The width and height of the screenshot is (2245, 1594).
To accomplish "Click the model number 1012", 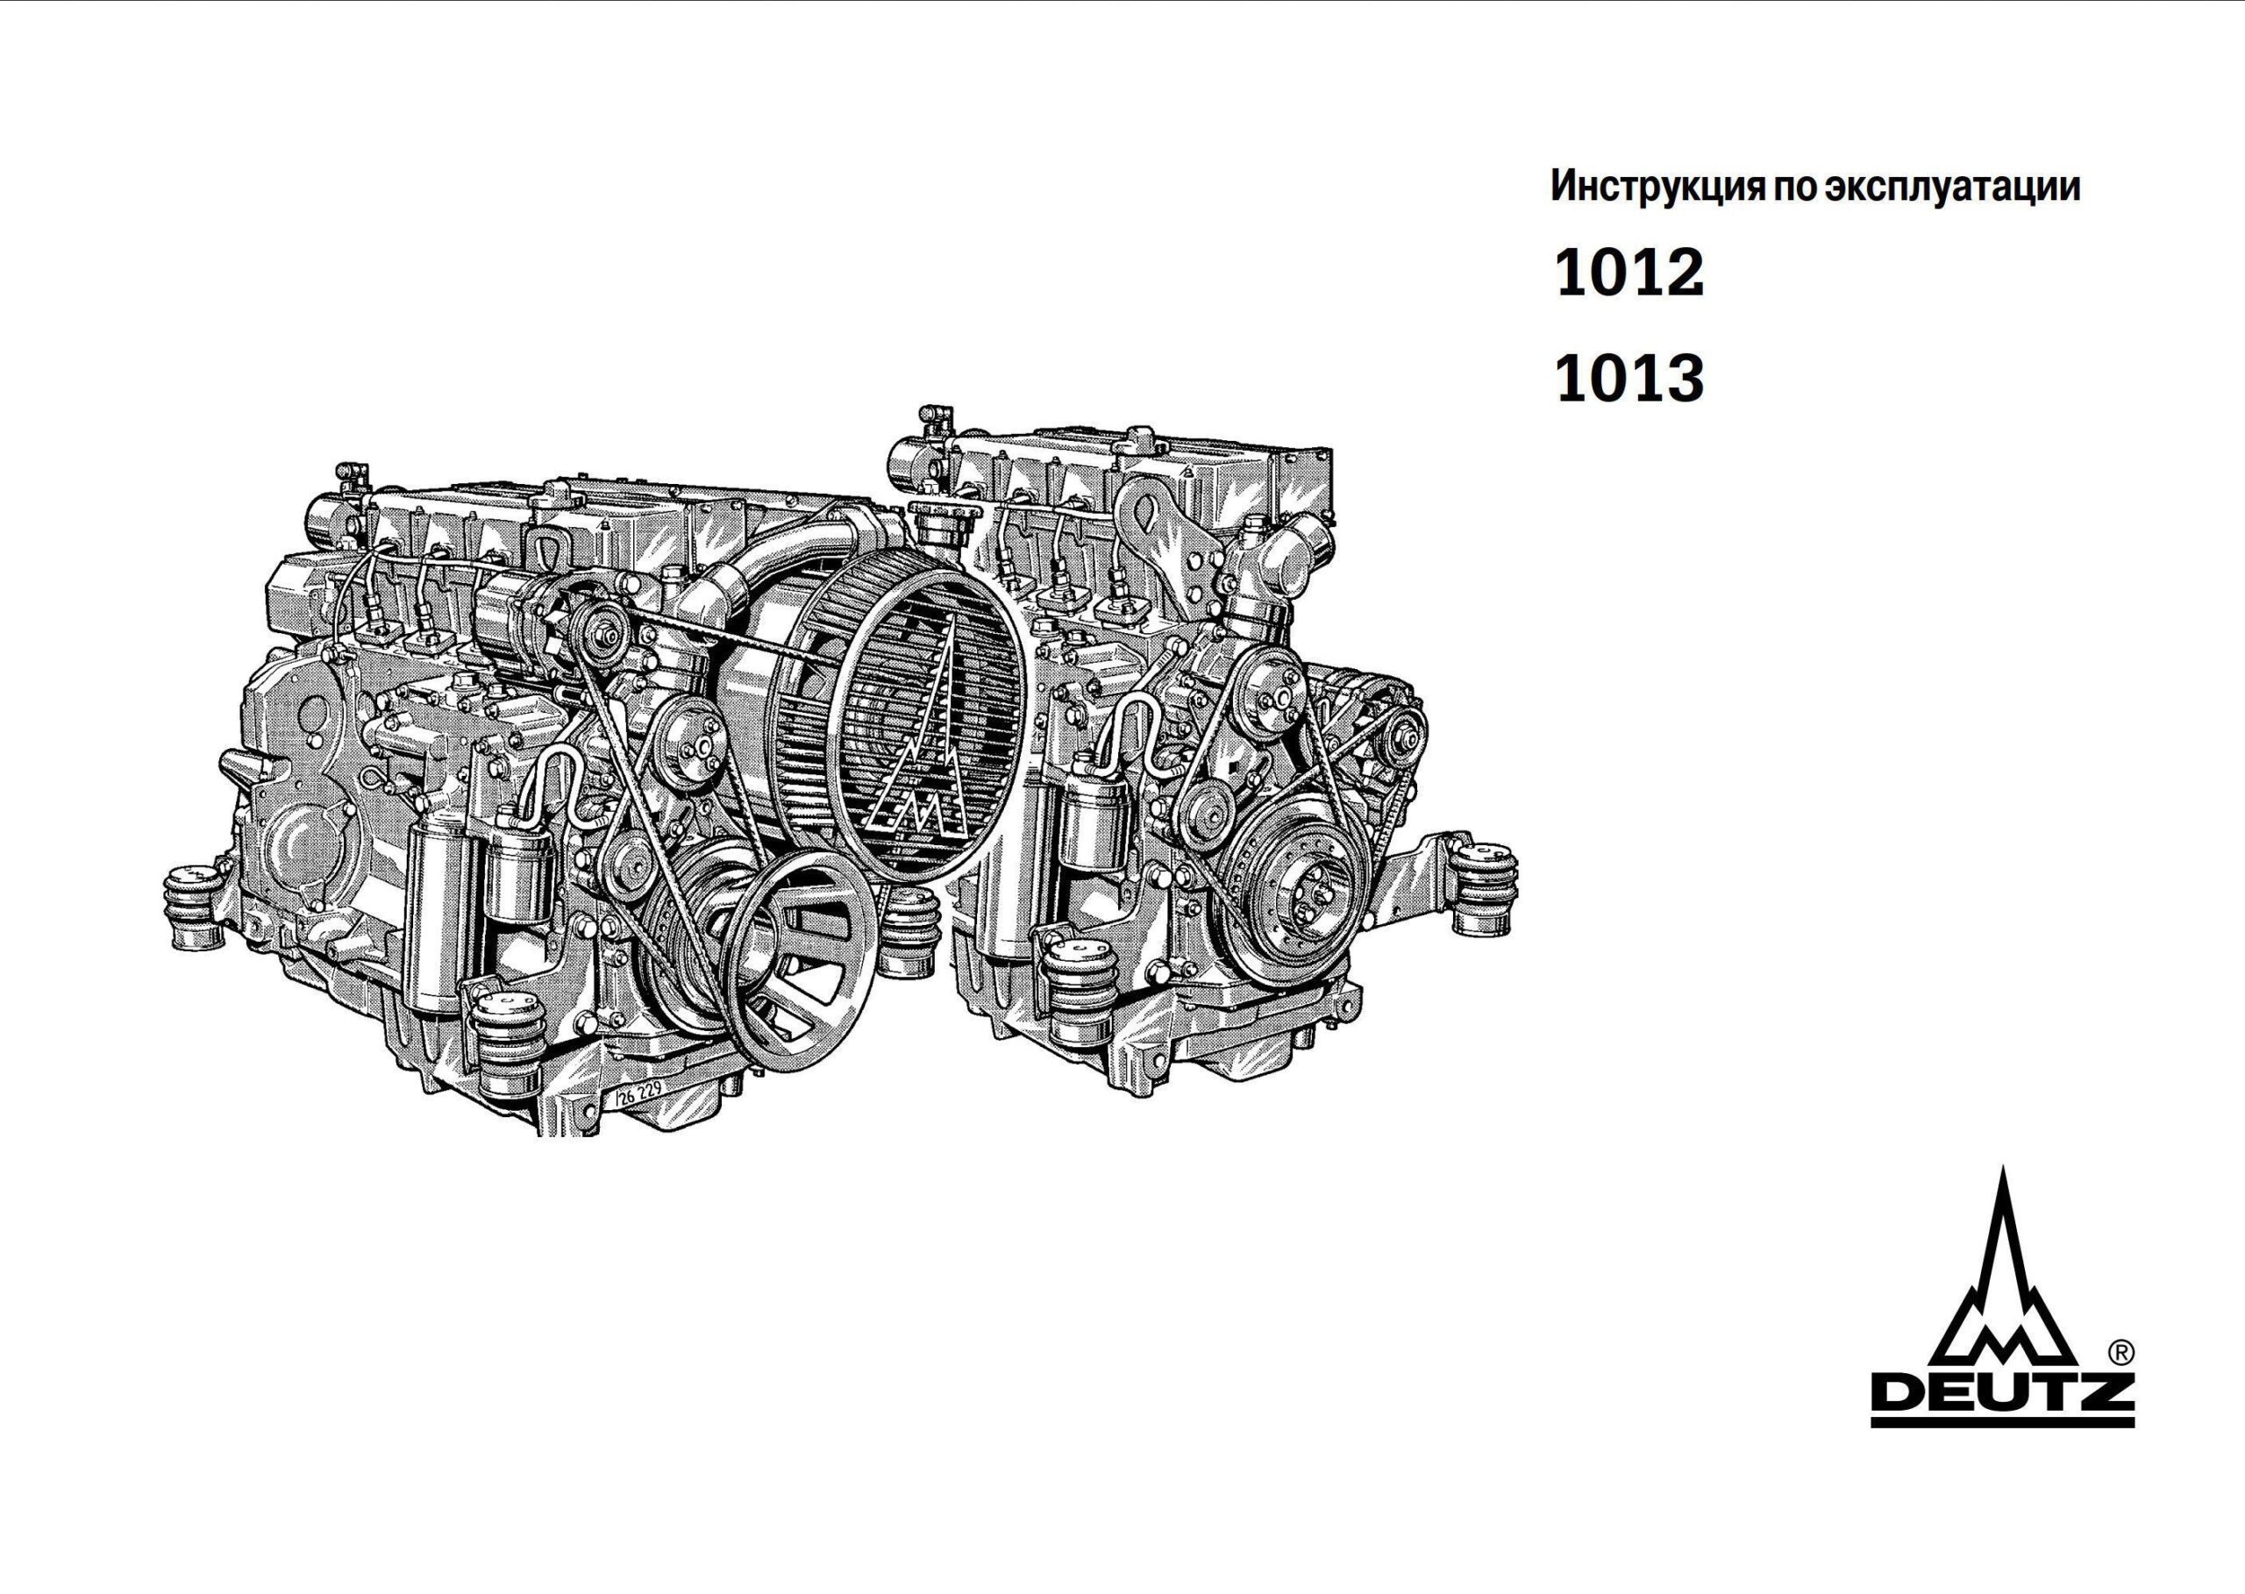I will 1629,274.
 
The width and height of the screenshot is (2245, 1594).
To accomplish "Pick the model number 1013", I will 1629,380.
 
